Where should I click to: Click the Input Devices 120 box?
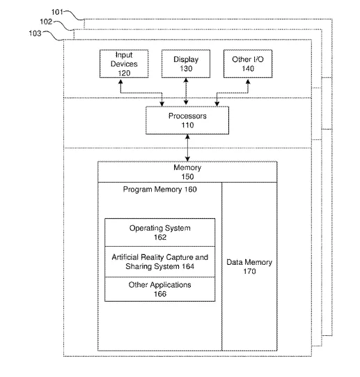click(124, 63)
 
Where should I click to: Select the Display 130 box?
click(186, 63)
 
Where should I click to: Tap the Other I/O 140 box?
click(248, 63)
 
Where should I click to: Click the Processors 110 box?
click(187, 121)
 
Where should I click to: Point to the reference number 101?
click(57, 12)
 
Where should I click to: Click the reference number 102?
click(46, 22)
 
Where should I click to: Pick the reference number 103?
click(35, 33)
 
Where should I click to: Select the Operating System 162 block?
click(160, 233)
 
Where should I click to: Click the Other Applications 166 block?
click(160, 289)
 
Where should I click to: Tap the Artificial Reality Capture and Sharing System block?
click(160, 261)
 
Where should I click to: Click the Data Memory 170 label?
click(249, 267)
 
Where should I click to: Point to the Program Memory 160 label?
click(160, 190)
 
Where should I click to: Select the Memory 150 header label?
click(187, 172)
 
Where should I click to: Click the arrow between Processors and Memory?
click(187, 148)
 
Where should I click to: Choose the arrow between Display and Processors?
click(186, 91)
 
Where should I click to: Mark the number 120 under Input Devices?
click(124, 73)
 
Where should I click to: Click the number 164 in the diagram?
click(188, 266)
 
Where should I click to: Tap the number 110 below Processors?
click(187, 125)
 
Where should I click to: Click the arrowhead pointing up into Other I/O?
click(248, 82)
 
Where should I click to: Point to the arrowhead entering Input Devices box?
click(120, 82)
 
